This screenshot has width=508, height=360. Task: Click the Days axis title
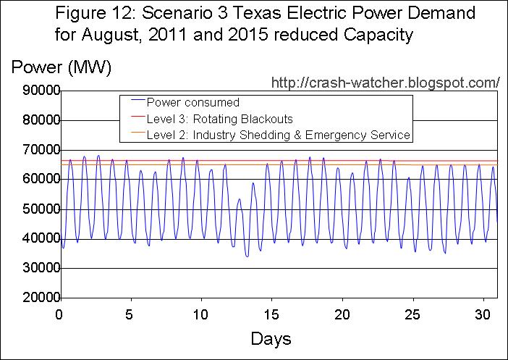tap(271, 338)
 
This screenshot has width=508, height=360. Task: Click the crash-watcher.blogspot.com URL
tap(385, 82)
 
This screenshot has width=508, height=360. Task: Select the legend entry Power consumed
tap(192, 102)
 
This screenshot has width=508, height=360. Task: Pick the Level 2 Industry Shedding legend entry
tap(278, 135)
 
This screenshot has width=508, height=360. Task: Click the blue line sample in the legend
tap(133, 102)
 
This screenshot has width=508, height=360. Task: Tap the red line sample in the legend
tap(133, 118)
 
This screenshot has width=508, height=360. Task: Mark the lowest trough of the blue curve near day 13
tap(247, 256)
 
